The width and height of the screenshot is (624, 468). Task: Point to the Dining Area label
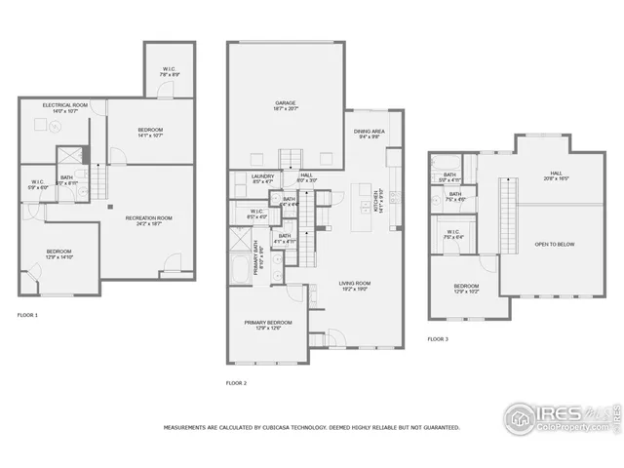369,134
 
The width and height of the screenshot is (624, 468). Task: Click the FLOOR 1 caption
28,315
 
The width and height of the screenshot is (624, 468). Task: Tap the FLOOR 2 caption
236,383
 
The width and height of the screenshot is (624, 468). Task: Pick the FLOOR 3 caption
438,338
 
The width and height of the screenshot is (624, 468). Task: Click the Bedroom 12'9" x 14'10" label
58,254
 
